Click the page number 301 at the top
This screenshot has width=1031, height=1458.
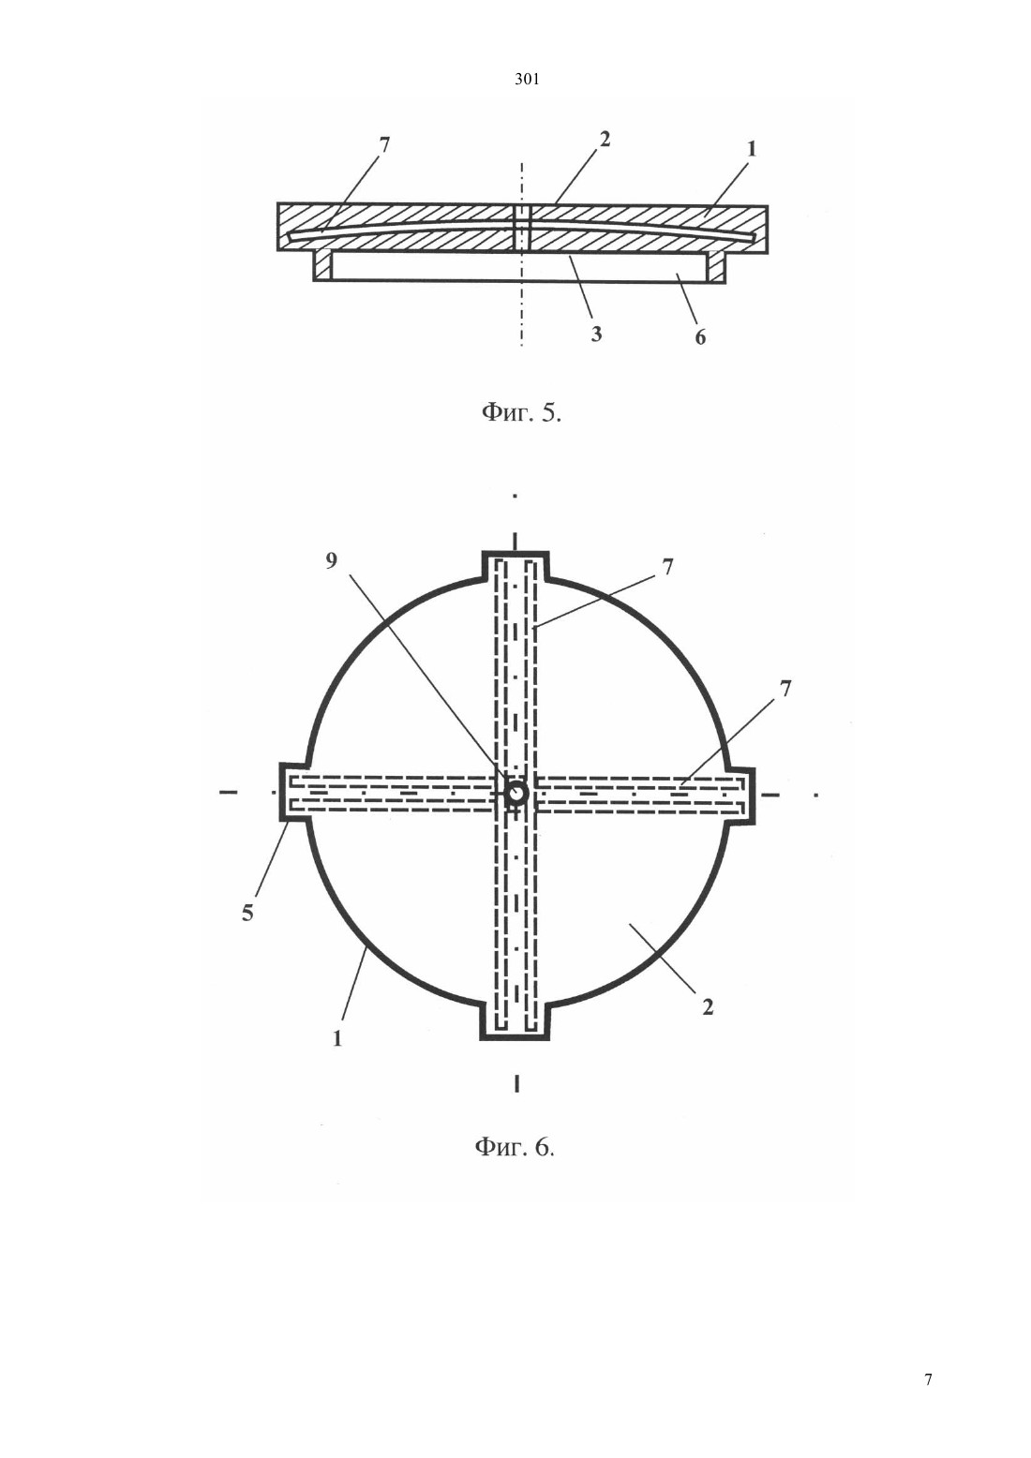pos(527,80)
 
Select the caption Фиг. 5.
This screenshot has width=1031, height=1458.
pos(521,412)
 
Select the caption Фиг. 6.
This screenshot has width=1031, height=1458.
pos(515,1147)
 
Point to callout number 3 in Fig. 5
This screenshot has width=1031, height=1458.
pos(596,334)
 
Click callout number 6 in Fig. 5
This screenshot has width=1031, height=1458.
pos(700,337)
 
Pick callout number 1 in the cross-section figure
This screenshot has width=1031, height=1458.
pos(751,150)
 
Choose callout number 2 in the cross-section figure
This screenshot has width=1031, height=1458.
pos(605,139)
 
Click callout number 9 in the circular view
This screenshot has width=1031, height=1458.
pos(332,561)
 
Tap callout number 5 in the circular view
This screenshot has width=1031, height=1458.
pos(248,914)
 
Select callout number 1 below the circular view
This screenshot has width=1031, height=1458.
pos(336,1039)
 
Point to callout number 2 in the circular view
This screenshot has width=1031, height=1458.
pos(708,1007)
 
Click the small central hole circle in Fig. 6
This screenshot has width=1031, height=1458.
pos(517,794)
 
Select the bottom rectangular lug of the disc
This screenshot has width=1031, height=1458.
pos(515,1024)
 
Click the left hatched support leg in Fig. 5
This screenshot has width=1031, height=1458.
pos(322,265)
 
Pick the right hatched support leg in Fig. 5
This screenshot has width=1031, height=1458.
pos(716,265)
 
